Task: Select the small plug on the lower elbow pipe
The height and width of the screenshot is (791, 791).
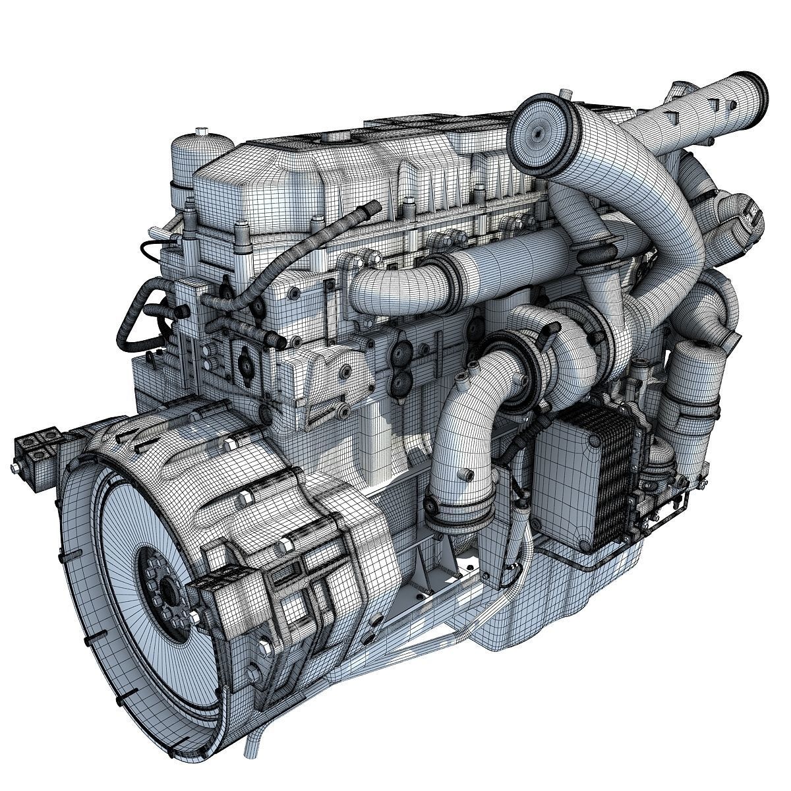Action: tap(467, 475)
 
